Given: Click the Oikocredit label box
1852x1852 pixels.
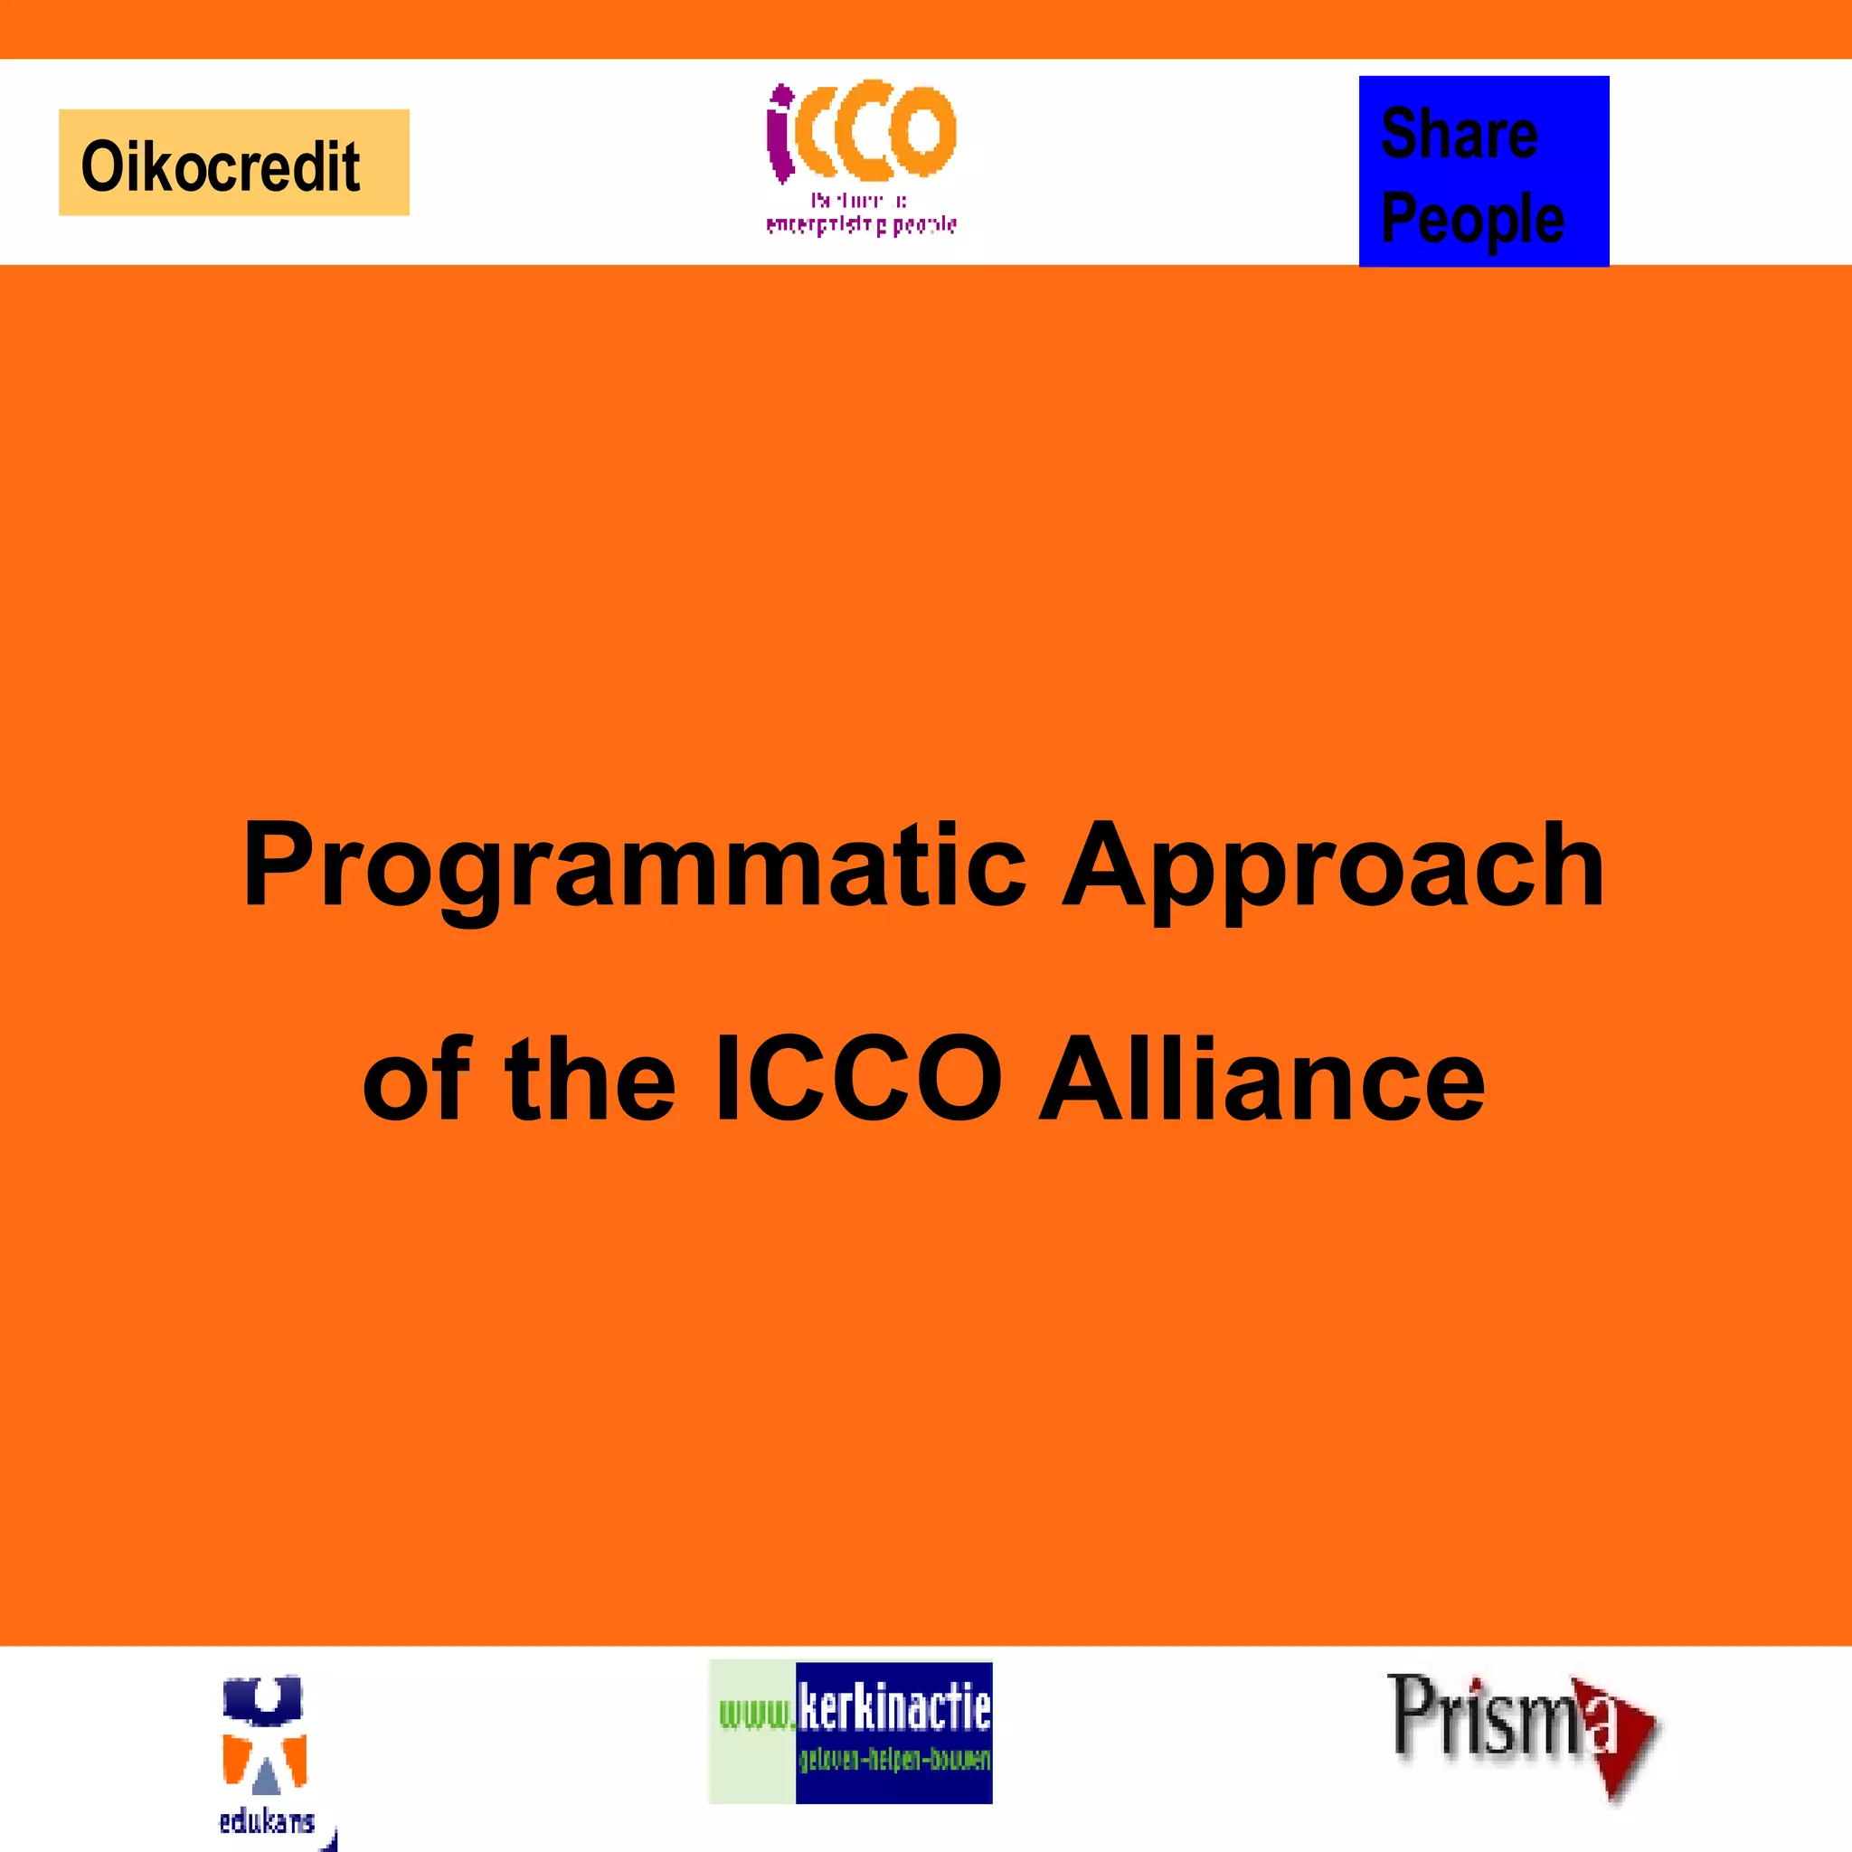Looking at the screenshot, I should coord(234,162).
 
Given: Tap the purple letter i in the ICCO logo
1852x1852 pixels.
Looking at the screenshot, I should coord(781,134).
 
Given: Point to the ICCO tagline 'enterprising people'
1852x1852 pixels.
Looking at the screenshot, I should coord(861,225).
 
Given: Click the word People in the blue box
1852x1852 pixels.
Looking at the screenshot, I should coord(1472,220).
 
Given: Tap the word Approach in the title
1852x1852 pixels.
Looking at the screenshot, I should coord(1334,865).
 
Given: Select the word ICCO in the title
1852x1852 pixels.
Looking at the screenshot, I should coord(859,1081).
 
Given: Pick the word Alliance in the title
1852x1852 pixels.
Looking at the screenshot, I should coord(1261,1081).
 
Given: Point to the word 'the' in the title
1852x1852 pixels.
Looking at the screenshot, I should coord(590,1081).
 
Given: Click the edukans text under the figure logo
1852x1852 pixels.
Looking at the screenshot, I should coord(267,1820).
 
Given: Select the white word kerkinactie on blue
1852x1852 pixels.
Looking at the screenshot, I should coord(894,1709).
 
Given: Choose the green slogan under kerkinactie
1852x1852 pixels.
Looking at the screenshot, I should coord(894,1760).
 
